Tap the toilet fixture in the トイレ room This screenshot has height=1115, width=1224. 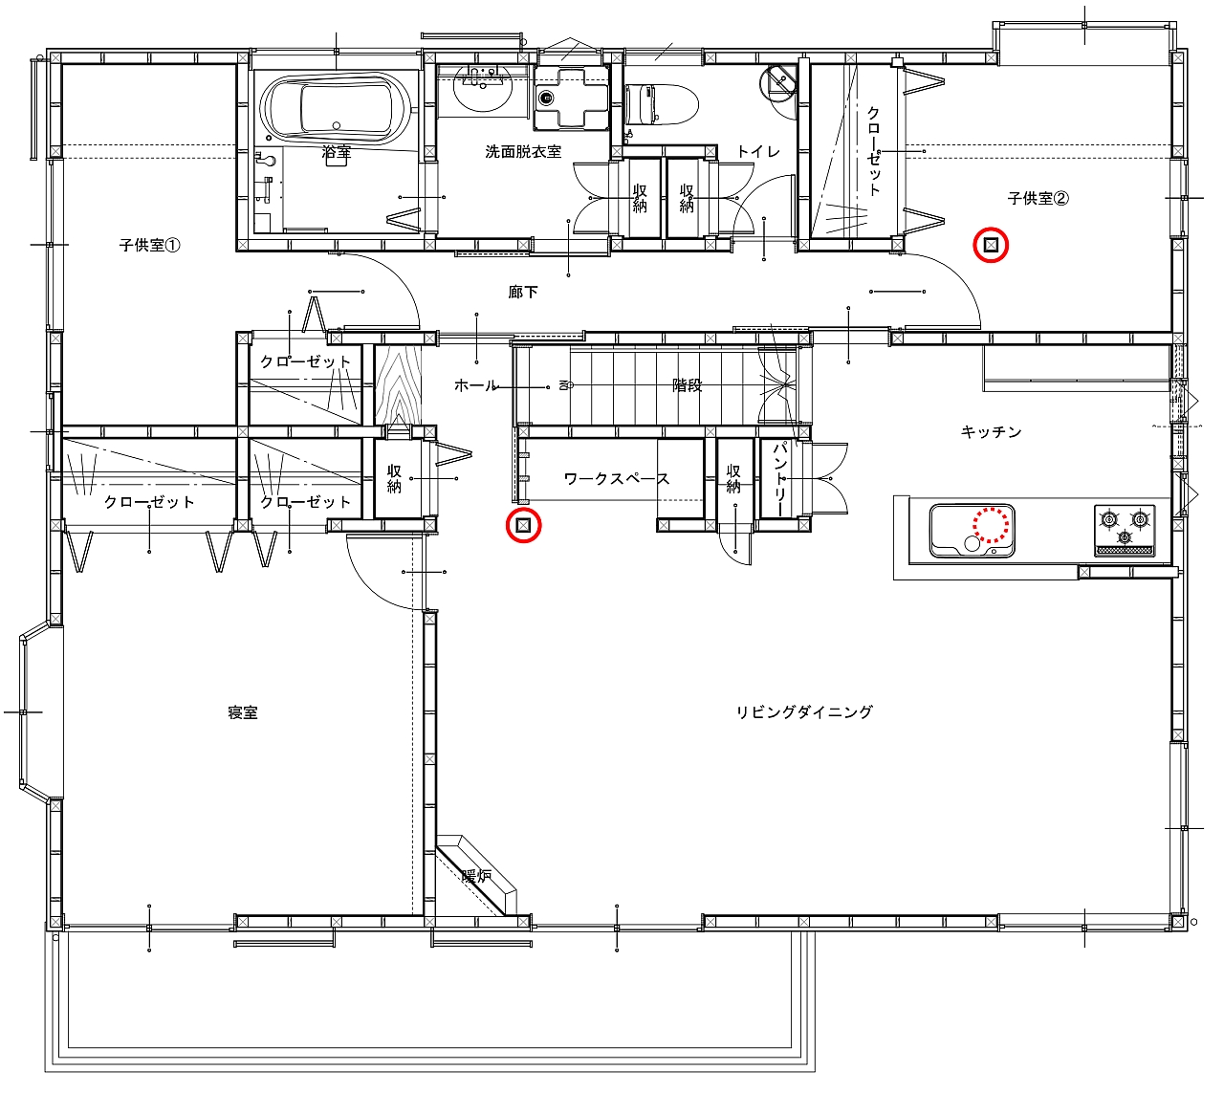661,104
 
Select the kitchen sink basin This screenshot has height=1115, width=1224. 972,531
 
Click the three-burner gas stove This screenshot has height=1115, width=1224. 1125,529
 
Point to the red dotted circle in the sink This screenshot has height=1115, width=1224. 991,525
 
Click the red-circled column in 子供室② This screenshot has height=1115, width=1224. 991,246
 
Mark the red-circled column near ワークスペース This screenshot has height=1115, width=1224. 523,525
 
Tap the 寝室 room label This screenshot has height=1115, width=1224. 243,712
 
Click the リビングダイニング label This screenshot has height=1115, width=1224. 804,711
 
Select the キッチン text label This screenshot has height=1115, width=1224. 991,431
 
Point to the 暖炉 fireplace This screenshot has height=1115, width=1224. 476,876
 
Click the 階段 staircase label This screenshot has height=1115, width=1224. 687,385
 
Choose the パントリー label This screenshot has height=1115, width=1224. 780,478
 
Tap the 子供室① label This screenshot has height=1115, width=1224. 149,246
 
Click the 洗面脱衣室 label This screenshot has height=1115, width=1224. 523,151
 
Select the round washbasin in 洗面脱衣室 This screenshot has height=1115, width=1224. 482,89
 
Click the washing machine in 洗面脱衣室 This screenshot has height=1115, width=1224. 572,98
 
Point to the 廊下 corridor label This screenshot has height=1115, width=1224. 523,292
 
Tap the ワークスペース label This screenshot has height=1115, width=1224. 616,478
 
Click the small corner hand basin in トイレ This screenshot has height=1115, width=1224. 778,80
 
